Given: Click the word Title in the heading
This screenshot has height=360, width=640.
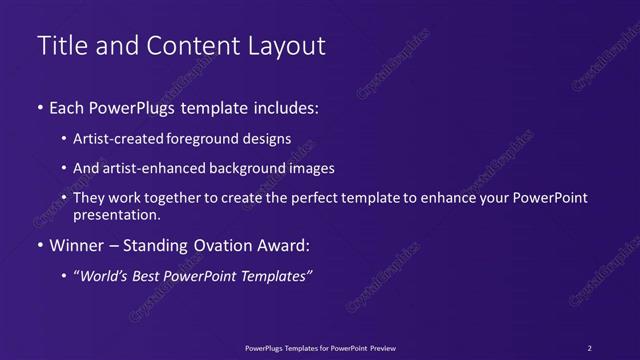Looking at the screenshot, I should pos(59,46).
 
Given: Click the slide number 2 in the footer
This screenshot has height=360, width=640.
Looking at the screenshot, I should pos(590,347).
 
